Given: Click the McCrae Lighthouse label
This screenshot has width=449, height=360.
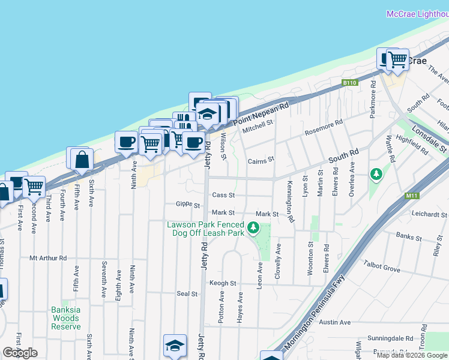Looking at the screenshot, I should [x=417, y=13].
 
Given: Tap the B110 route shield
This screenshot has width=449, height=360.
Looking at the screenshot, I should [x=349, y=82].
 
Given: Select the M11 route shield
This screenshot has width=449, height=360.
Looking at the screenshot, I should [x=411, y=195].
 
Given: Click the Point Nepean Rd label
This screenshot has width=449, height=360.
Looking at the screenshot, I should [x=261, y=113].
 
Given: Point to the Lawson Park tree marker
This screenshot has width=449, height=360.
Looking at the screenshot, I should [x=254, y=227].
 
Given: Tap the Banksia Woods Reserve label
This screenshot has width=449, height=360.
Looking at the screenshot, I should [x=66, y=314].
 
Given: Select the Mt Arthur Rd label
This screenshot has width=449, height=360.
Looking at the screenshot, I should [x=48, y=258].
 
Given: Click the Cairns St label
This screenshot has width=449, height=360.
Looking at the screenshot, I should [x=261, y=160].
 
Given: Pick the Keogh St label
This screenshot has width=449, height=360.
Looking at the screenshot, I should [x=223, y=283].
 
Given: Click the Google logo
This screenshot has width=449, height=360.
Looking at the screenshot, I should [x=20, y=353].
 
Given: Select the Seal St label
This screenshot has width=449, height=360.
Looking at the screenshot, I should [x=187, y=294].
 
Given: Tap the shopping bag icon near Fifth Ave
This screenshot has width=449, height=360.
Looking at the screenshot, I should [x=82, y=160].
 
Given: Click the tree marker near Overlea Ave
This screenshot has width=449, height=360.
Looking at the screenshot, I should [x=376, y=175].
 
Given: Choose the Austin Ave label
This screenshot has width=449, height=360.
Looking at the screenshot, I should [x=335, y=322].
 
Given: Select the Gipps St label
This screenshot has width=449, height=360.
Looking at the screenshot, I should [x=188, y=205].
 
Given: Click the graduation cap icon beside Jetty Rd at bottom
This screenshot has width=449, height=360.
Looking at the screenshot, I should [x=175, y=346].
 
